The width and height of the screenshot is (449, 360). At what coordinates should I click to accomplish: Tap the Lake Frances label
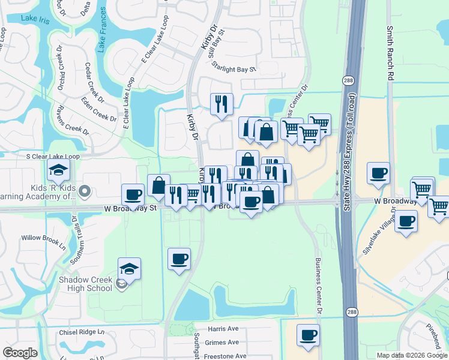point(101,35)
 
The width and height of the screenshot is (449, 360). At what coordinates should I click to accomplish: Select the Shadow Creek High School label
point(85,284)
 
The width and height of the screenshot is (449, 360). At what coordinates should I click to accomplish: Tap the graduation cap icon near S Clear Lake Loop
point(59,172)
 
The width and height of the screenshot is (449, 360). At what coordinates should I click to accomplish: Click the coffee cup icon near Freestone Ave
point(308,335)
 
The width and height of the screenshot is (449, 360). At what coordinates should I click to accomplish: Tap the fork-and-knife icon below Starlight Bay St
point(221,104)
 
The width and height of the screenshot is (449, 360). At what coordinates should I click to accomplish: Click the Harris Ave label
point(223,329)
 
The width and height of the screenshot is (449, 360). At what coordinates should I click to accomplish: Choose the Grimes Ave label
point(223,342)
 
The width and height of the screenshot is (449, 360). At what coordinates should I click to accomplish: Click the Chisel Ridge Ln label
point(82,332)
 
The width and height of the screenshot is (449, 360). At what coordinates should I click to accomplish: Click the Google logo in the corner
point(20,353)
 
